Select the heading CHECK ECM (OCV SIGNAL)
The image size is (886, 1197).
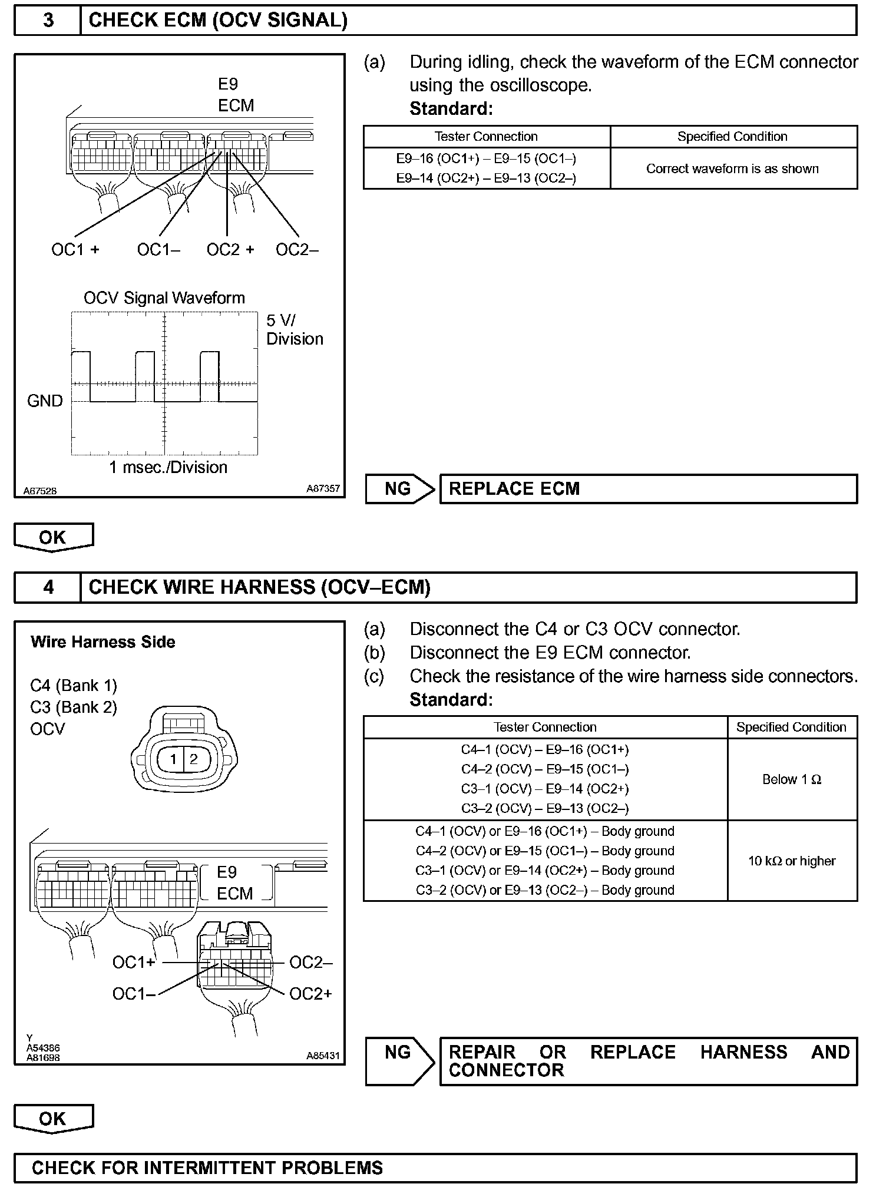tap(218, 21)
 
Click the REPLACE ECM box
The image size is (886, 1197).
tap(648, 489)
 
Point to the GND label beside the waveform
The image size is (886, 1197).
tap(45, 401)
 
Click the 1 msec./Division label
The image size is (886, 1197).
tap(168, 468)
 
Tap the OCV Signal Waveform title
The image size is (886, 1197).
tap(164, 298)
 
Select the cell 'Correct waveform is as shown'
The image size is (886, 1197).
tap(732, 169)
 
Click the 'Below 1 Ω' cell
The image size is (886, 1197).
tap(791, 779)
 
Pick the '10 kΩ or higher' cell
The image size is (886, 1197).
tap(791, 861)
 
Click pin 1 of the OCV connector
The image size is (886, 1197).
tap(173, 759)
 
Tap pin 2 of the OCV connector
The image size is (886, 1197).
tap(194, 759)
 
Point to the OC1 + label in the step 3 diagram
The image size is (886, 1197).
tap(75, 250)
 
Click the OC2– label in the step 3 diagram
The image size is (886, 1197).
tap(297, 250)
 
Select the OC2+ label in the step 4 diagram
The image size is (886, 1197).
tap(310, 994)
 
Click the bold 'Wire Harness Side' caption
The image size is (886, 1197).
tap(103, 642)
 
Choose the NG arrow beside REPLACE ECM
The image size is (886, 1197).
tap(399, 489)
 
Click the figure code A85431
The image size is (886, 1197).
tap(323, 1056)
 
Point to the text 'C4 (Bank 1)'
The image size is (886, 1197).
tap(74, 686)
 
